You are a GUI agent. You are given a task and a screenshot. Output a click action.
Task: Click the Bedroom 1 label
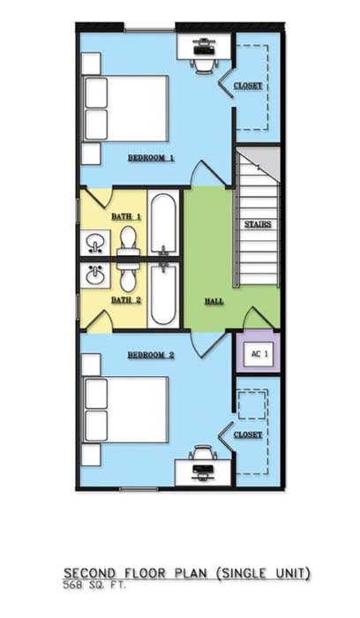[x=151, y=158]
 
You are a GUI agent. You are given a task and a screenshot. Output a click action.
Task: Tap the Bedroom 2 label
[x=151, y=355]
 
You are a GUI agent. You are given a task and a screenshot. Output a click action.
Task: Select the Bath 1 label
[x=126, y=216]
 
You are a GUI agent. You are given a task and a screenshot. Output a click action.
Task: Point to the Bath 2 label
[x=126, y=300]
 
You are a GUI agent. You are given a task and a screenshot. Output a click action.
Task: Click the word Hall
[x=214, y=302]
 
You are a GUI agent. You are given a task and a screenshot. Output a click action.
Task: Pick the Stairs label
[x=258, y=224]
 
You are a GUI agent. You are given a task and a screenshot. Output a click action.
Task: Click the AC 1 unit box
[x=258, y=354]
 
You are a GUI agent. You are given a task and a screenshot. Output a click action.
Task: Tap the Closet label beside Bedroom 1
[x=248, y=86]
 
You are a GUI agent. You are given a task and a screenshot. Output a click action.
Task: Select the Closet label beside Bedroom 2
[x=248, y=434]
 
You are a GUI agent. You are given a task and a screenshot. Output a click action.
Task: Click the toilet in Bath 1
[x=128, y=242]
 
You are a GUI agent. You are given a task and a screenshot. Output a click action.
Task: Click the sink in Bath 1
[x=95, y=243]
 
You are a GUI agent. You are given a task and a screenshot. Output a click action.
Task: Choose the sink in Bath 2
[x=95, y=275]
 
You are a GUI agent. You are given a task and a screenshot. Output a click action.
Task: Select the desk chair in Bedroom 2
[x=203, y=452]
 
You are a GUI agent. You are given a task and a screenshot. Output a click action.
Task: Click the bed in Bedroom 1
[x=125, y=109]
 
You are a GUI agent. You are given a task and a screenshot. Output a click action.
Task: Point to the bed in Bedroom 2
[x=125, y=410]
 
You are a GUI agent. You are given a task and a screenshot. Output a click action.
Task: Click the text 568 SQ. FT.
[x=94, y=585]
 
